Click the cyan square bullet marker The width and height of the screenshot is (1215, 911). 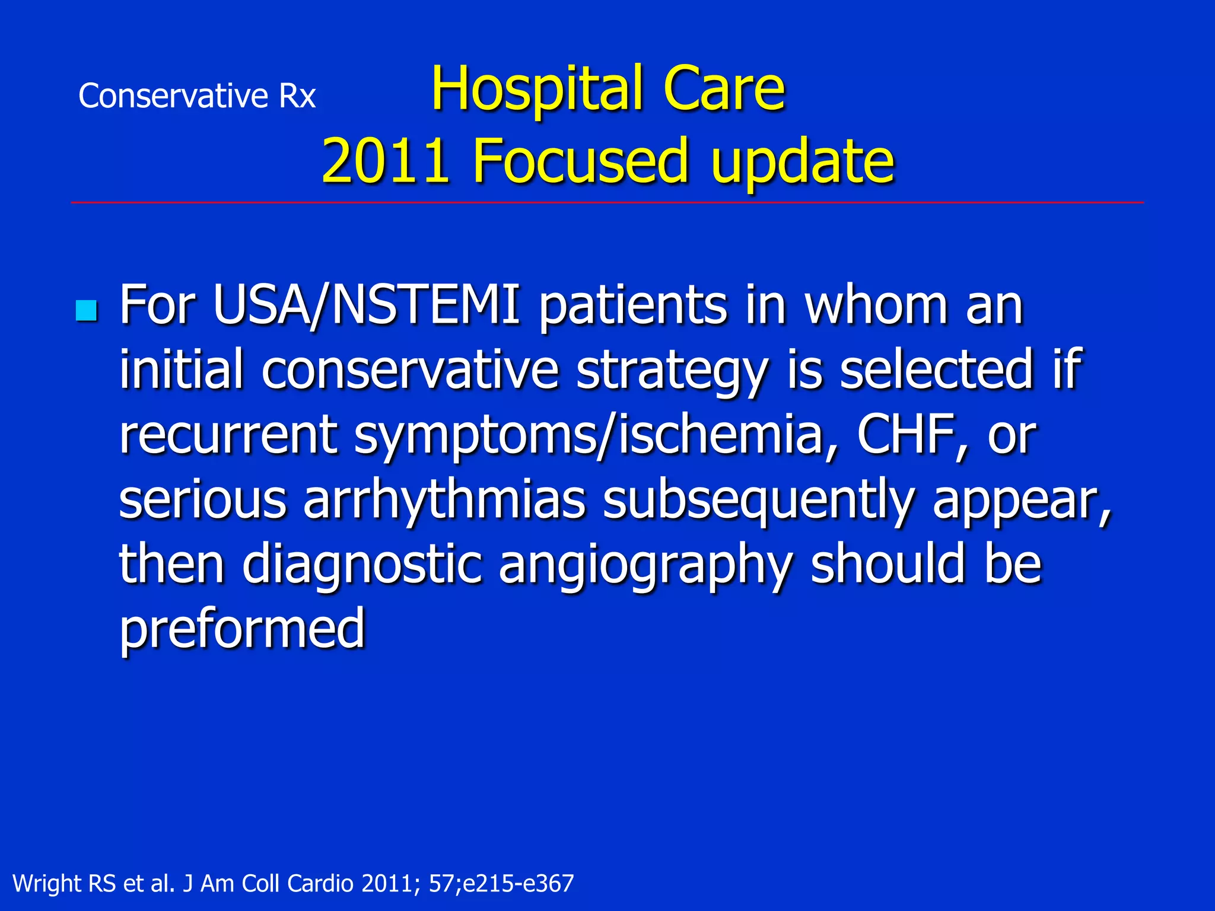[x=87, y=311]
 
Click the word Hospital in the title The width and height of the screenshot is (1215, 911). [x=536, y=89]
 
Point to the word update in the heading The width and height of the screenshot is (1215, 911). [x=802, y=161]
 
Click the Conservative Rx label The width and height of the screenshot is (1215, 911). [x=197, y=96]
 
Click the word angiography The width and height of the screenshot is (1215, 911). [x=645, y=565]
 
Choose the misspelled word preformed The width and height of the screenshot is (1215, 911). [x=242, y=629]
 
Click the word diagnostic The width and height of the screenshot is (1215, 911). [x=361, y=565]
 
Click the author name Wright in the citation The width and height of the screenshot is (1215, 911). [x=47, y=884]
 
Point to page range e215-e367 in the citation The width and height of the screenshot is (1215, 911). [x=518, y=884]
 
